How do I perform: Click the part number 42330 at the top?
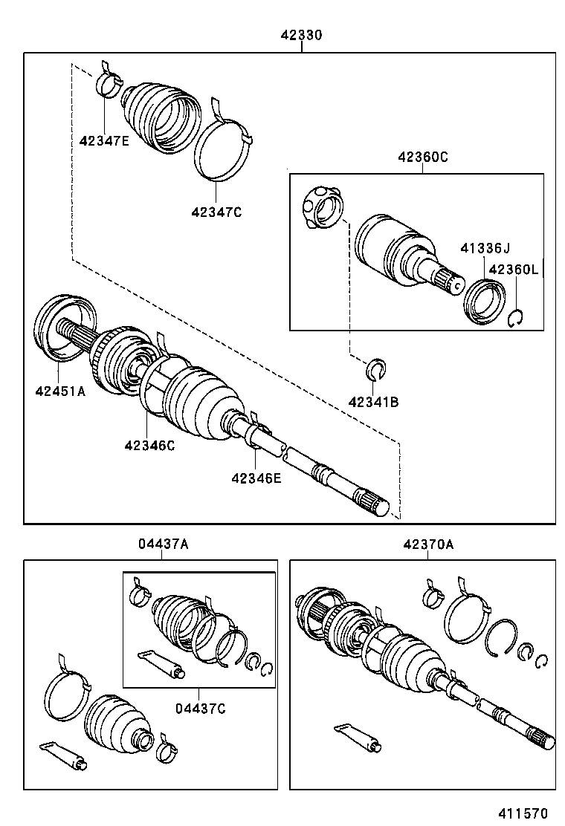tap(301, 35)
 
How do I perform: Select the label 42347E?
tap(104, 140)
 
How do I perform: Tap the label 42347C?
tap(216, 212)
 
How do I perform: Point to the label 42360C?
tap(423, 157)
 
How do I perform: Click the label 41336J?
tap(485, 248)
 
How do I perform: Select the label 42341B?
tap(374, 402)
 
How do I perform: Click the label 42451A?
tap(59, 391)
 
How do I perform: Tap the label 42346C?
tap(149, 445)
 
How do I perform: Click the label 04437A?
tap(163, 544)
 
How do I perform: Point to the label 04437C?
tap(200, 707)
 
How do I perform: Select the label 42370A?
tap(428, 544)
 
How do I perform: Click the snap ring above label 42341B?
tap(377, 368)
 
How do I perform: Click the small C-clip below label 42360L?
tap(517, 318)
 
